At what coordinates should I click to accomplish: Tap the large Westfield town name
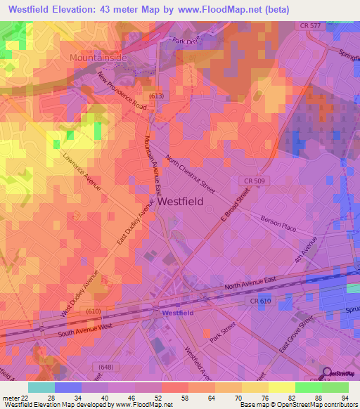click(x=180, y=201)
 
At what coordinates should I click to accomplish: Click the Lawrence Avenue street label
click(x=82, y=171)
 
